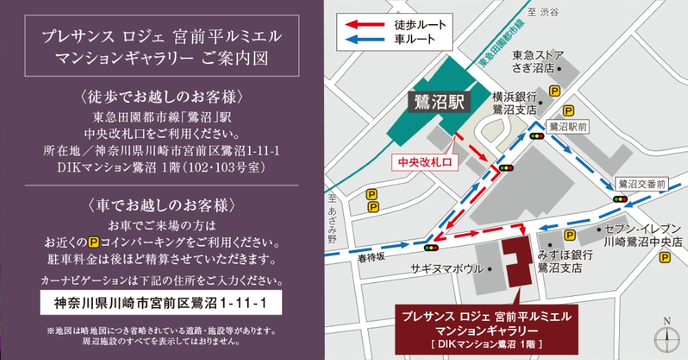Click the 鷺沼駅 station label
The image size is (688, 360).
441,103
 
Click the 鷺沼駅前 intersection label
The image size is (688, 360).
568,127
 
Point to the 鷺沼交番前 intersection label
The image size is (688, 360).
642,184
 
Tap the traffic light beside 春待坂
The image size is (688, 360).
432,248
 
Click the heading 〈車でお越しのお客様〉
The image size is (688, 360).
162,204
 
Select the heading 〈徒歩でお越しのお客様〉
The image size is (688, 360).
162,95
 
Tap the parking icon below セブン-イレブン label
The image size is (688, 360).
665,258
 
